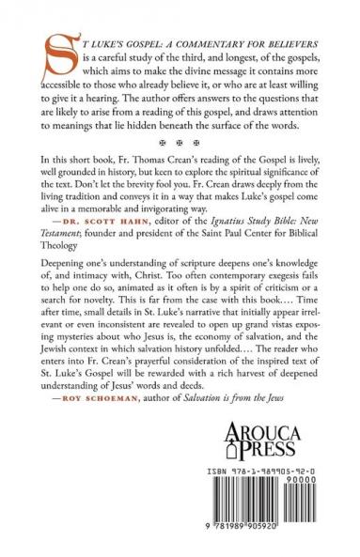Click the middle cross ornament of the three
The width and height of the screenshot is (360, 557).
(x=180, y=147)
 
